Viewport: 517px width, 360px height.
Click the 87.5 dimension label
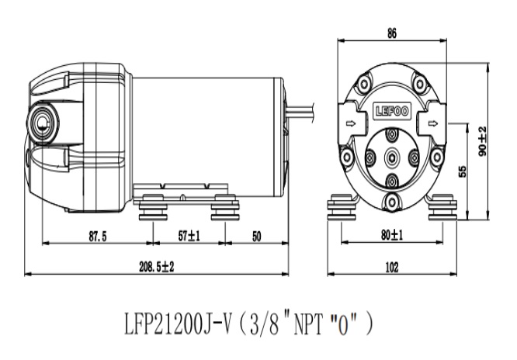97,237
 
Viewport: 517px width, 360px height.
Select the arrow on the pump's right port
435,123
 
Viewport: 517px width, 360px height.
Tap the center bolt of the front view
392,157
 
